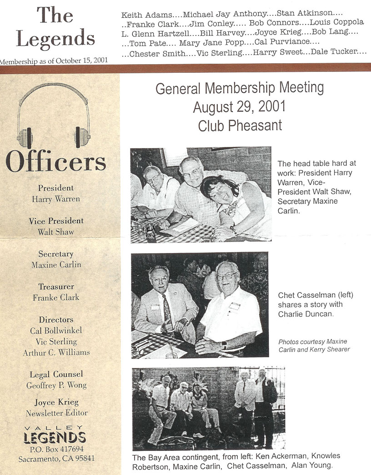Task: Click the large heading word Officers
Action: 55,162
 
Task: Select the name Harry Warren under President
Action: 55,199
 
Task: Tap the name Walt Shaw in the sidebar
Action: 55,232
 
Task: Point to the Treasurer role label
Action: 56,287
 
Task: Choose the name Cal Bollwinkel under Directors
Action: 56,331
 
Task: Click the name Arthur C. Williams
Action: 56,353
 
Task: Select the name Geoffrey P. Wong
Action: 56,385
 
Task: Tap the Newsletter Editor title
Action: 56,413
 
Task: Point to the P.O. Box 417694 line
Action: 56,449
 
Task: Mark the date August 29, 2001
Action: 239,107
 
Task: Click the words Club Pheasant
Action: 240,125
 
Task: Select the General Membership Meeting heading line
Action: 240,88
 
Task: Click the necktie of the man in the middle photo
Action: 167,310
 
